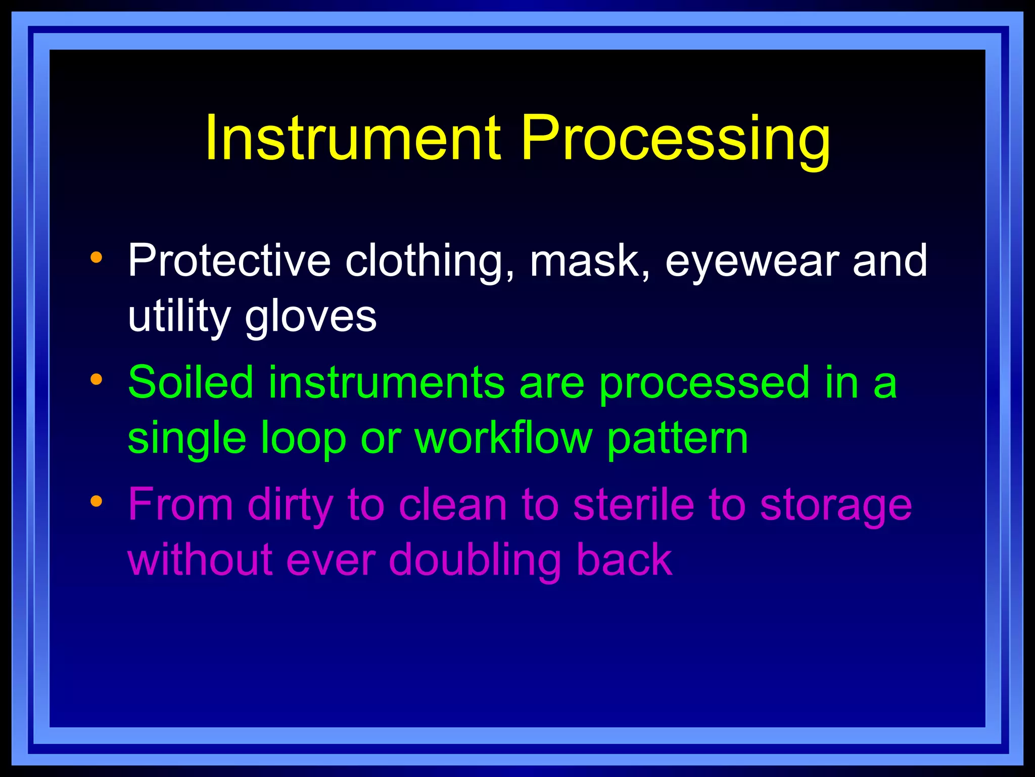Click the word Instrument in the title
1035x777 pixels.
(x=353, y=138)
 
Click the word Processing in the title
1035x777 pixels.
(x=675, y=138)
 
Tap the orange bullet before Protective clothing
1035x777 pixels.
(x=96, y=257)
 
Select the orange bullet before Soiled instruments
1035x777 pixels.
(x=96, y=379)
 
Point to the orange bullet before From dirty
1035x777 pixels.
(x=96, y=501)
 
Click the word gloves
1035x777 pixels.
(x=311, y=317)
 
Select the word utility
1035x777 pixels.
(x=179, y=317)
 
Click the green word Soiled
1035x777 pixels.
(x=191, y=382)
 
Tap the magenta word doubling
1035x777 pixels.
(x=475, y=560)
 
